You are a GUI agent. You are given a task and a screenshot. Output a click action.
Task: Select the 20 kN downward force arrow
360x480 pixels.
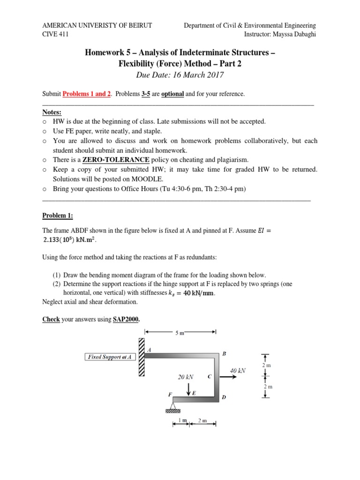(188, 389)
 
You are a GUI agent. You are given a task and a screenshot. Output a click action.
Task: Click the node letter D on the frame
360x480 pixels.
(224, 397)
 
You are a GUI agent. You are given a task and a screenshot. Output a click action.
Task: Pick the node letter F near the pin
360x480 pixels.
(170, 395)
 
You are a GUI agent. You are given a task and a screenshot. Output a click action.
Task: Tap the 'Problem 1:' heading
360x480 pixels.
(58, 216)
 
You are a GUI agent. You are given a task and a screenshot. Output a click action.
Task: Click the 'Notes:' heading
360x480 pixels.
(52, 112)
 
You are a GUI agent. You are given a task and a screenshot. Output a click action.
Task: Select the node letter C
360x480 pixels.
(210, 376)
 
